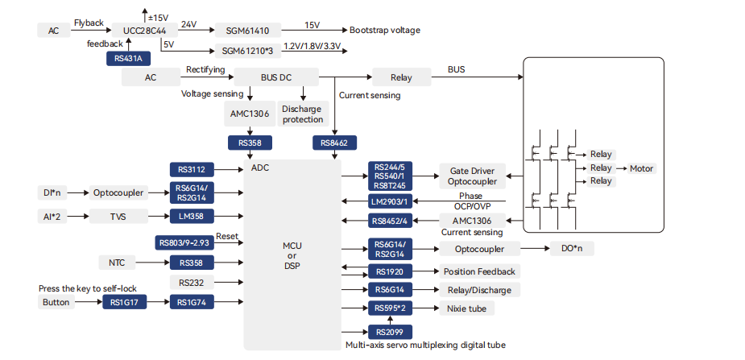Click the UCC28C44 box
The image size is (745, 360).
[145, 31]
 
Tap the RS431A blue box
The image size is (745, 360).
[126, 58]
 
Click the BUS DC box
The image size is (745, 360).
[275, 78]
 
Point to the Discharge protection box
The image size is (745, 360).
[302, 114]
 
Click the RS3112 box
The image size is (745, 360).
[192, 170]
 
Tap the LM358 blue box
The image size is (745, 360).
[192, 216]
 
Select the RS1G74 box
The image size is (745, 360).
[192, 302]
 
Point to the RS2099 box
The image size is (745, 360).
[390, 332]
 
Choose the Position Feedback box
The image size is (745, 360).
[478, 271]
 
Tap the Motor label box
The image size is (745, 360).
[642, 168]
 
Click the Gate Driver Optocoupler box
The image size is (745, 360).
[472, 176]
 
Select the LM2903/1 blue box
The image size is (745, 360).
[390, 201]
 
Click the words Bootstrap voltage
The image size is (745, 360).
[385, 31]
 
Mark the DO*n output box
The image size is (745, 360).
[571, 249]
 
